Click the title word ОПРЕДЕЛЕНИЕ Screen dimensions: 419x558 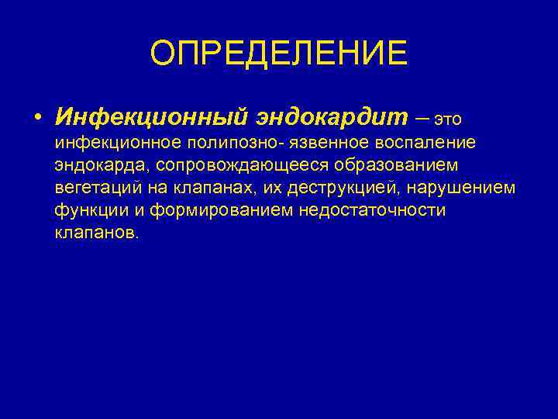[278, 54]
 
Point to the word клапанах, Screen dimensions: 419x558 [209, 188]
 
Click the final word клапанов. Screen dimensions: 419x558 [97, 233]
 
